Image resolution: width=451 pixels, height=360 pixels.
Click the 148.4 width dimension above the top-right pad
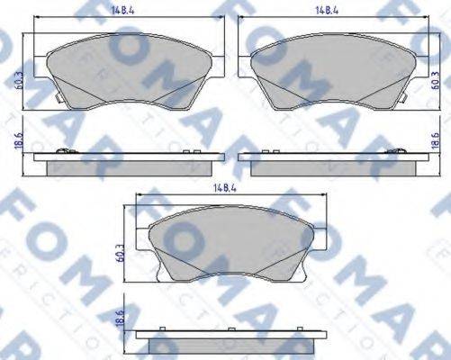point(325,12)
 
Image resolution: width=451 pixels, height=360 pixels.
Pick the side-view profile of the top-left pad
point(126,163)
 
